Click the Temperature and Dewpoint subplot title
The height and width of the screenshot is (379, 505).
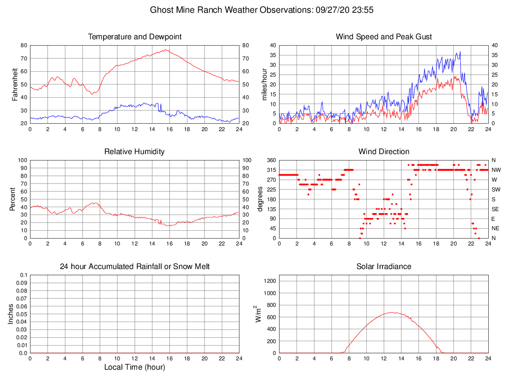(x=135, y=37)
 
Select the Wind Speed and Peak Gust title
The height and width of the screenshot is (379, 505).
(x=384, y=37)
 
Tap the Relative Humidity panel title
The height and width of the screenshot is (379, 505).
(x=134, y=152)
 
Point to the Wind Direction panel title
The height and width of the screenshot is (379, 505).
(x=384, y=152)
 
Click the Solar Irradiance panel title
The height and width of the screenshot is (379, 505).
(x=384, y=267)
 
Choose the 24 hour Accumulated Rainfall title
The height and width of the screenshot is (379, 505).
(x=135, y=267)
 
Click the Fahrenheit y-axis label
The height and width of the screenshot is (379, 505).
(x=15, y=84)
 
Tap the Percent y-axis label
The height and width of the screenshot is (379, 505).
(x=12, y=199)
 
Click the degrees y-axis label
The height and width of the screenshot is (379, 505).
(x=260, y=199)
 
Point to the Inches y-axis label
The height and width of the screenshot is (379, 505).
(x=11, y=314)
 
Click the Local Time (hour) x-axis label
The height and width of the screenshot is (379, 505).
(x=135, y=367)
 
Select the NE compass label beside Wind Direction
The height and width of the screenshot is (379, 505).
(x=495, y=228)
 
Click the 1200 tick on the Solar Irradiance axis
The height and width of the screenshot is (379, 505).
(x=267, y=281)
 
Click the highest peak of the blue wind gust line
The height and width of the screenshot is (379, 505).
(x=460, y=52)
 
